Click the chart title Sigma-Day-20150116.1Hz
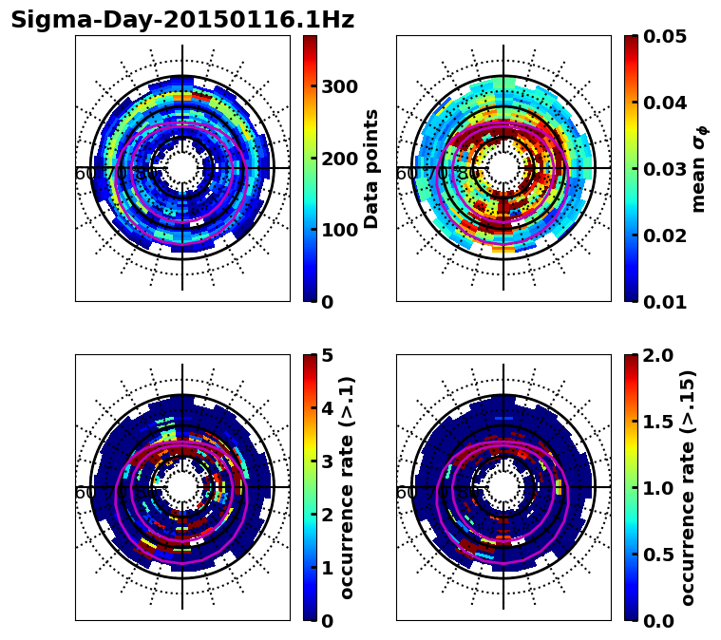point(182,20)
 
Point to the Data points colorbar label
point(371,168)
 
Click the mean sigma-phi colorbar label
point(698,168)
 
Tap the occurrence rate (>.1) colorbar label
point(348,487)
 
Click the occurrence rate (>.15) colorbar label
point(688,487)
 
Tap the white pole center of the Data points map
point(182,168)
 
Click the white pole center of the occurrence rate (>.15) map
point(503,487)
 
